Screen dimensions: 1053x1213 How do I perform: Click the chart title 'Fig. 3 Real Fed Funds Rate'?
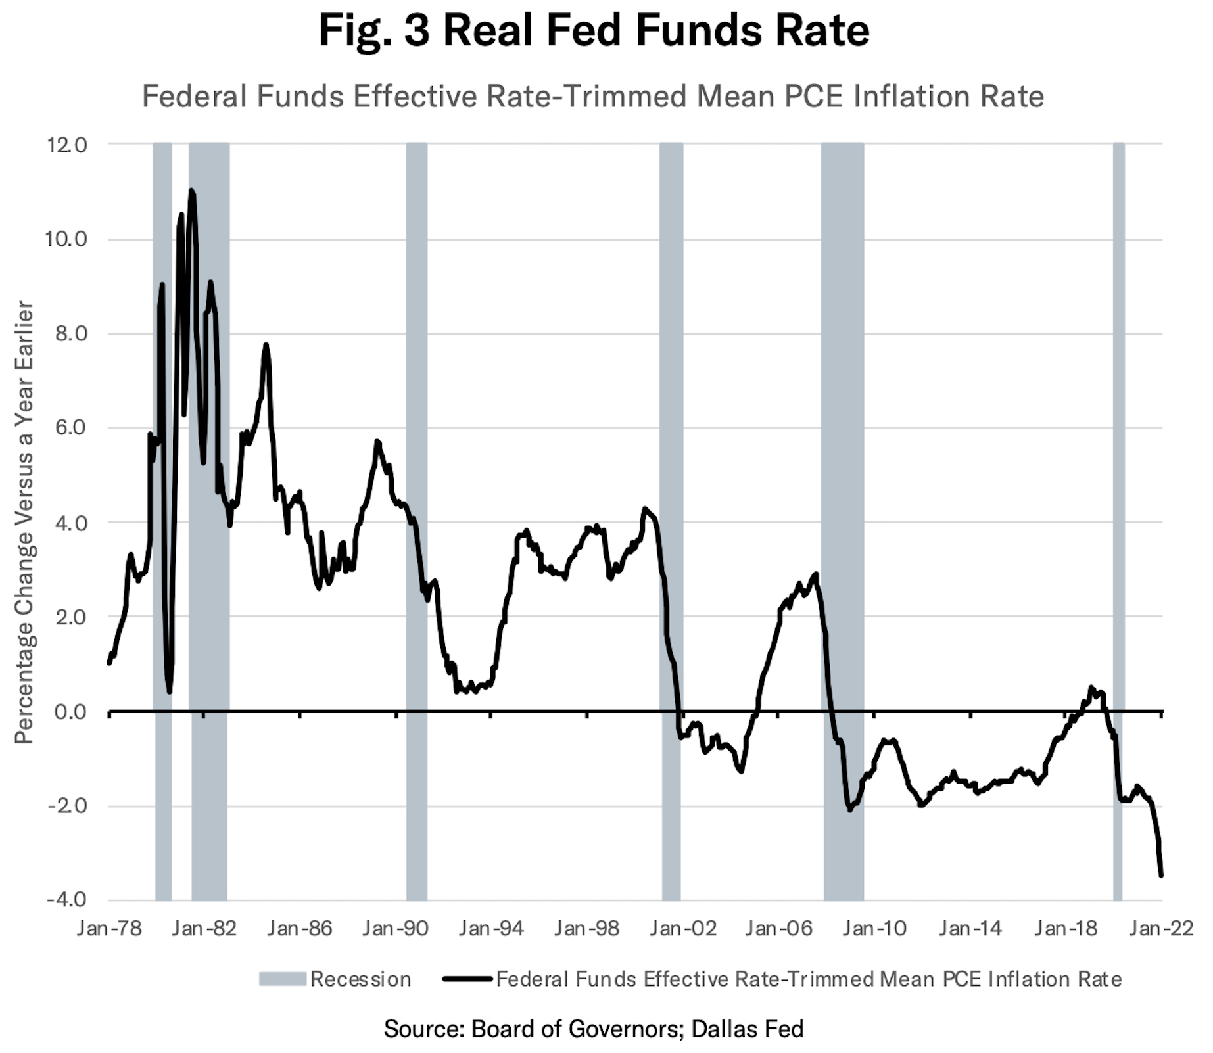coord(594,30)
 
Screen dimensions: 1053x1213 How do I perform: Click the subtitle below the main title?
coord(592,97)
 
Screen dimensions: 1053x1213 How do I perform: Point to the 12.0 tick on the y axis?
coord(66,145)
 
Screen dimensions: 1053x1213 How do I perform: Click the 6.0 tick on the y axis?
coord(69,428)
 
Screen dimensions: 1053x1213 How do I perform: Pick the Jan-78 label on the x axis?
coord(109,928)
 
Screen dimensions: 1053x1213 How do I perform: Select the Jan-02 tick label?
coord(682,928)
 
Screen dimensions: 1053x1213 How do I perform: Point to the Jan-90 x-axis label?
coord(395,928)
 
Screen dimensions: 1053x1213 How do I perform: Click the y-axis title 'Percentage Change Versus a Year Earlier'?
coord(24,523)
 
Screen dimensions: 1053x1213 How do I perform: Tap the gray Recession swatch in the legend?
coord(282,979)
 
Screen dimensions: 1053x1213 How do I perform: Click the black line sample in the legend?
coord(467,979)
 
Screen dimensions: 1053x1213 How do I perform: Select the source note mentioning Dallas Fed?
coord(593,1029)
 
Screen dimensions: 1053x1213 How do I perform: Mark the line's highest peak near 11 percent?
coord(191,191)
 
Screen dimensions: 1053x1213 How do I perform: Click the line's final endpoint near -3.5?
coord(1161,875)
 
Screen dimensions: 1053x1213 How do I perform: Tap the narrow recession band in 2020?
coord(1118,460)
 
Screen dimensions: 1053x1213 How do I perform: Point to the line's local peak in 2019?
coord(1091,688)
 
